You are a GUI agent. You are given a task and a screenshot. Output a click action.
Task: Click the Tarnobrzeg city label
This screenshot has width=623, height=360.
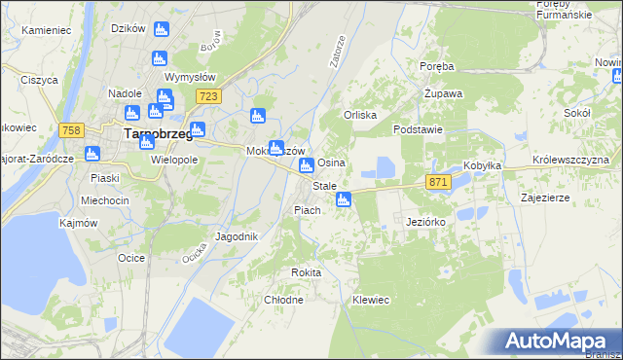click(157, 135)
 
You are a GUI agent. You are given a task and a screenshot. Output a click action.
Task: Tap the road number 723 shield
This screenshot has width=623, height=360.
click(206, 96)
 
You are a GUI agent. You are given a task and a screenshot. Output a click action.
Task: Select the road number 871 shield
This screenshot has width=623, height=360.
click(438, 182)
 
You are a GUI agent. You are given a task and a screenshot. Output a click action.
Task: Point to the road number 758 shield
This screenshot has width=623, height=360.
click(69, 130)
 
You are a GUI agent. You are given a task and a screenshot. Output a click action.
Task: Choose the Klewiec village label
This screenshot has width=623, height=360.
click(371, 300)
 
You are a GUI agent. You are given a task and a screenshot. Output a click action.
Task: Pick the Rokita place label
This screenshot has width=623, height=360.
click(306, 272)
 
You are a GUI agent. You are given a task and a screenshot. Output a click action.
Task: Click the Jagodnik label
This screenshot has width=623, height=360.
click(237, 236)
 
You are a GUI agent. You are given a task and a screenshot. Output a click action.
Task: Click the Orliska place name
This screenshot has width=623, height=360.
click(359, 114)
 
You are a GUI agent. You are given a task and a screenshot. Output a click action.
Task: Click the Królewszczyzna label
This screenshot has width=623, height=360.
click(570, 159)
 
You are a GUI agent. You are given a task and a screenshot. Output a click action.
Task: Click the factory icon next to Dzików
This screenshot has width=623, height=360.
click(161, 31)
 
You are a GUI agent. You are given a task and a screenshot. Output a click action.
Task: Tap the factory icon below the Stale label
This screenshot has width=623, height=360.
click(343, 200)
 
